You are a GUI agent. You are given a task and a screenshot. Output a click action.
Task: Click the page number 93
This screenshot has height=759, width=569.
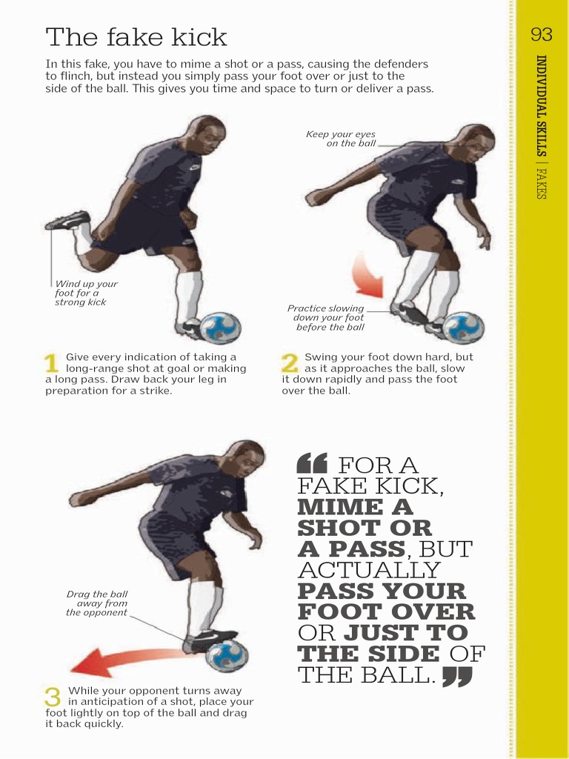(542, 35)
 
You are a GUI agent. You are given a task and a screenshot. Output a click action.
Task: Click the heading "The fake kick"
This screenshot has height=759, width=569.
(136, 37)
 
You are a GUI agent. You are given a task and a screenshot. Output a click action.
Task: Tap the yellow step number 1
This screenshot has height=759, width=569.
(52, 362)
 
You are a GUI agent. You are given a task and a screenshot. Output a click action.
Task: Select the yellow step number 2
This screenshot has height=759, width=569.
(290, 362)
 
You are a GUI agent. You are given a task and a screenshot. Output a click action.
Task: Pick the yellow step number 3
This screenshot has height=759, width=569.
(53, 697)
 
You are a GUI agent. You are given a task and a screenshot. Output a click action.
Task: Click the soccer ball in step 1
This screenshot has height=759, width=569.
(222, 328)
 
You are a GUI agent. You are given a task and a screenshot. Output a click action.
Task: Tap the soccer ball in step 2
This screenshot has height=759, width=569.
(465, 328)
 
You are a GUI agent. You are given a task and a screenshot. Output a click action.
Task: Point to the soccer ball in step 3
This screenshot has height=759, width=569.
(227, 656)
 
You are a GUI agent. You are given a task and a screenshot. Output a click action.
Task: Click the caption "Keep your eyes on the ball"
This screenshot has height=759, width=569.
(341, 139)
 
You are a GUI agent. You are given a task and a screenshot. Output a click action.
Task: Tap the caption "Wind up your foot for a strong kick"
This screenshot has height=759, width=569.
(85, 293)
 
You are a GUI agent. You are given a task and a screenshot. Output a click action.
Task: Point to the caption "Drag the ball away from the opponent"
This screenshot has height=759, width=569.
(97, 603)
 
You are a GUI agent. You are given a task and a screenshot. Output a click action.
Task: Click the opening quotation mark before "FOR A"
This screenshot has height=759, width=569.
(311, 464)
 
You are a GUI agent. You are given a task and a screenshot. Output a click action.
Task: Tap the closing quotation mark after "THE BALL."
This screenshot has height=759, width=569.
(457, 677)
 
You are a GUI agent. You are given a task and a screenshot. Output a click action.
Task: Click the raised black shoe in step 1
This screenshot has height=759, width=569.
(69, 220)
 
